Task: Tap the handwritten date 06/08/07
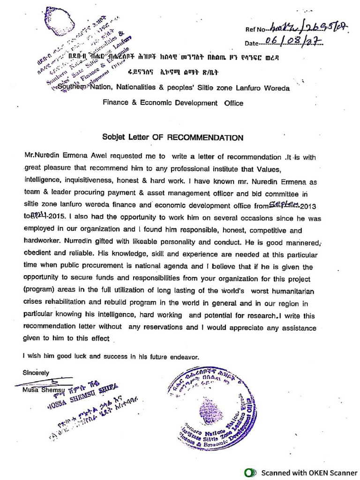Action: click(x=291, y=42)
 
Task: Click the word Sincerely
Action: click(x=36, y=373)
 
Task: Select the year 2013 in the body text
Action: click(x=308, y=206)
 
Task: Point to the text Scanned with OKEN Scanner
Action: click(x=308, y=472)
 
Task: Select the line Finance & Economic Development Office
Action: click(x=173, y=103)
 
